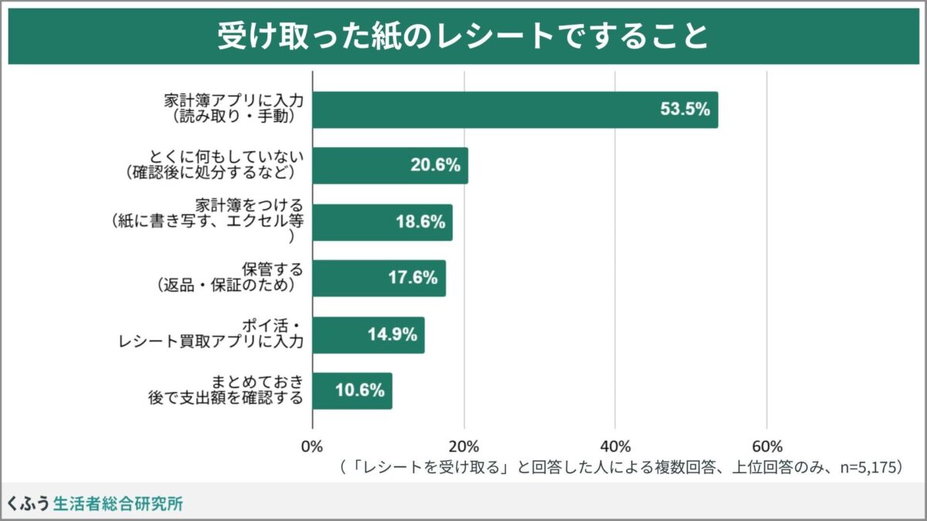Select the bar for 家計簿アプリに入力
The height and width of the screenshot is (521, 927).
(515, 110)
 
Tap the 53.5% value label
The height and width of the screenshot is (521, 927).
(684, 110)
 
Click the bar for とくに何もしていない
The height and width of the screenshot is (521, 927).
(390, 165)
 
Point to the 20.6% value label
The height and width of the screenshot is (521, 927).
(435, 165)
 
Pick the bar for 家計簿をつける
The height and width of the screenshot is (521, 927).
(382, 222)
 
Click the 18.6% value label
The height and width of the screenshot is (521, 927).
(419, 222)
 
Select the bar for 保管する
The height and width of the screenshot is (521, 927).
(379, 278)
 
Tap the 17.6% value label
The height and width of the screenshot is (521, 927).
(413, 278)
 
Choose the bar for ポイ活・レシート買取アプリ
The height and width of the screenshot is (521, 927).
(368, 335)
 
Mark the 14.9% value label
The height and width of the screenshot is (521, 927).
(392, 335)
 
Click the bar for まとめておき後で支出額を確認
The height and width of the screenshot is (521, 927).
(352, 391)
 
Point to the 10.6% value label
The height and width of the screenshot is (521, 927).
(359, 391)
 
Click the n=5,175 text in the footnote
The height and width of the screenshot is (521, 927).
(868, 468)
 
